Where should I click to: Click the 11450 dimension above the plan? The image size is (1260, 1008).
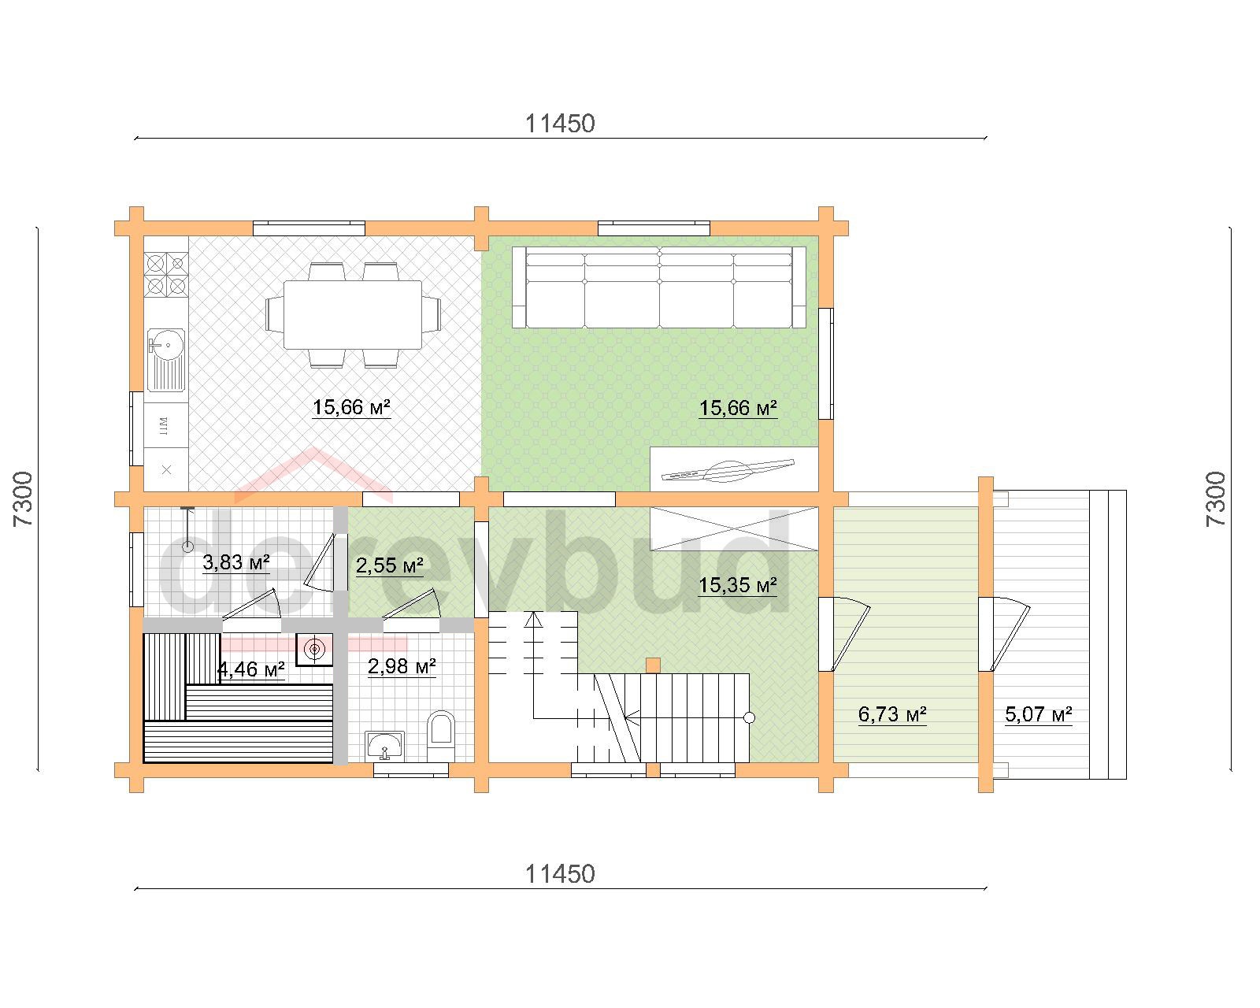tap(560, 124)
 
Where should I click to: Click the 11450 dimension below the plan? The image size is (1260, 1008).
tap(560, 874)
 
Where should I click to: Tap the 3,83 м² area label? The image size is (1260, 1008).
tap(236, 562)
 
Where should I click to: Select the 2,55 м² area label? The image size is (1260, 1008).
tap(389, 565)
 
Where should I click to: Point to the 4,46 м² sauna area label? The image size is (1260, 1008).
tap(251, 669)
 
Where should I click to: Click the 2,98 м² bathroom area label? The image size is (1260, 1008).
tap(402, 666)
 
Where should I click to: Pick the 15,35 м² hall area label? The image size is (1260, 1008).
tap(738, 584)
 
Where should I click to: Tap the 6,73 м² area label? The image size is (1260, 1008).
tap(892, 714)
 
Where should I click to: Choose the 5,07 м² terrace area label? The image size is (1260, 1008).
tap(1039, 714)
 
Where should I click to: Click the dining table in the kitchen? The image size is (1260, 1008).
tap(353, 314)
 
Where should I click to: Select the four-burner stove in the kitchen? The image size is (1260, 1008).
tap(166, 273)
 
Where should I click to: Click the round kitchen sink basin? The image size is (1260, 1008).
tap(168, 345)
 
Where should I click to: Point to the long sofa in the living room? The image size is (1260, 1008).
tap(659, 287)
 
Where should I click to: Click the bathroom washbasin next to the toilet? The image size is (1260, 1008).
tap(384, 746)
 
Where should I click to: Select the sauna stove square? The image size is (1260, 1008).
tap(314, 650)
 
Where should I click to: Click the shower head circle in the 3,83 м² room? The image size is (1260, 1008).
tap(188, 547)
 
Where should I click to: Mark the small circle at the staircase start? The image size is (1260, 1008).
tap(749, 717)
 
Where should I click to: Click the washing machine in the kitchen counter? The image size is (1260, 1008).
tap(166, 425)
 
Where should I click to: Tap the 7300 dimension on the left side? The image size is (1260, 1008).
tap(23, 498)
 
